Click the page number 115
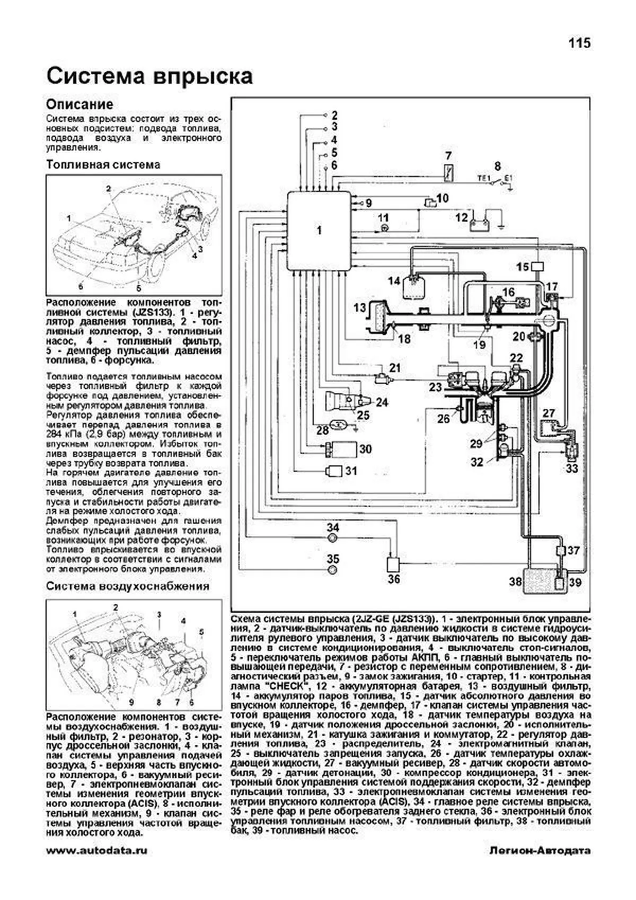pyautogui.click(x=579, y=43)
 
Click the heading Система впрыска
pyautogui.click(x=149, y=76)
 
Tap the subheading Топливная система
pyautogui.click(x=103, y=165)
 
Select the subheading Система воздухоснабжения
pyautogui.click(x=127, y=586)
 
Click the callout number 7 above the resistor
pyautogui.click(x=448, y=156)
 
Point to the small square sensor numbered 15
pyautogui.click(x=537, y=267)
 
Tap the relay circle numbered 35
pyautogui.click(x=333, y=570)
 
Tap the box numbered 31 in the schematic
pyautogui.click(x=334, y=471)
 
